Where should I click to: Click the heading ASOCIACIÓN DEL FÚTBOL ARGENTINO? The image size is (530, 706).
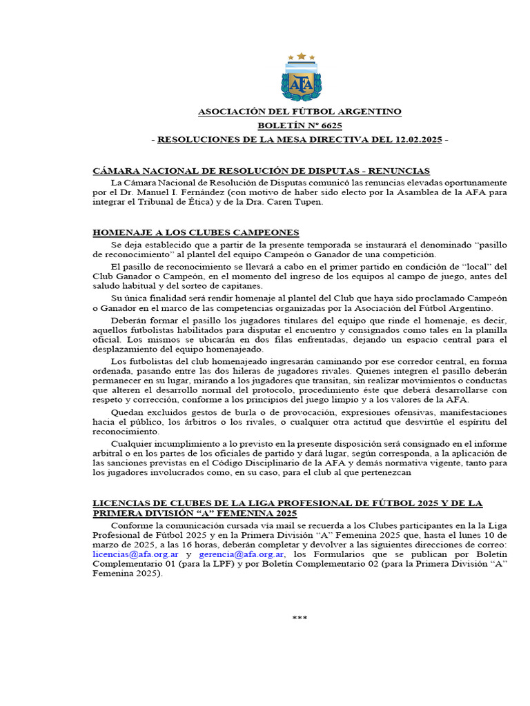300,111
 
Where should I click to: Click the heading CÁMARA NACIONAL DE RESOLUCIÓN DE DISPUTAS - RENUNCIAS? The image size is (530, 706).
262,170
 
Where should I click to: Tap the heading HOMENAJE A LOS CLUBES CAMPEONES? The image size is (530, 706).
196,233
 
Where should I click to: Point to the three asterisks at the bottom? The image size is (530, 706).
300,618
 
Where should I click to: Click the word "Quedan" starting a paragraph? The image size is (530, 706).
126,412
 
